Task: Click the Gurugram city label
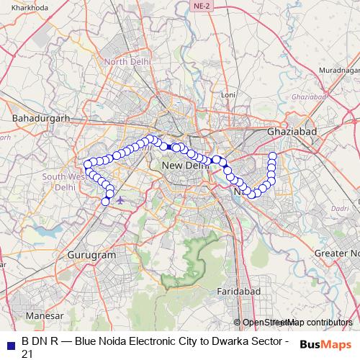tap(91, 255)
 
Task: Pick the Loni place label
tap(228, 94)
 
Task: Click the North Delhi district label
tap(127, 62)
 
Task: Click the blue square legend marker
tap(10, 341)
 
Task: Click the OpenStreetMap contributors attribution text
tap(297, 323)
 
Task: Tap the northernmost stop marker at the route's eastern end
tap(273, 156)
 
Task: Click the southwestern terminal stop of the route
tap(105, 202)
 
